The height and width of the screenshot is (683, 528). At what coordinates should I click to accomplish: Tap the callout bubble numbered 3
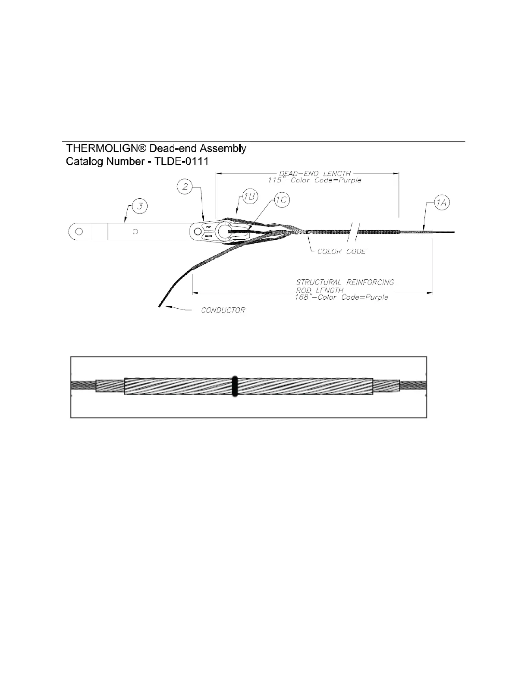[139, 207]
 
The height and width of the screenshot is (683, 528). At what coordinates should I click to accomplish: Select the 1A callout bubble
[441, 203]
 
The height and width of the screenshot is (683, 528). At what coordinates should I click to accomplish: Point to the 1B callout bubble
[249, 197]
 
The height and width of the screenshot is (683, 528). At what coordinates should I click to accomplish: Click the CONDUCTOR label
[223, 310]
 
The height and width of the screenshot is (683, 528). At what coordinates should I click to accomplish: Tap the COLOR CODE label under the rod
[341, 251]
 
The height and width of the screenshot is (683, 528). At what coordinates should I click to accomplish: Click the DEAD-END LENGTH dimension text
[315, 174]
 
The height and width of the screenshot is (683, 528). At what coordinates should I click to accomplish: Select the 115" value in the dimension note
[275, 180]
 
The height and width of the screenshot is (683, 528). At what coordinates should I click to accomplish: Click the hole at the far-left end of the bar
[79, 232]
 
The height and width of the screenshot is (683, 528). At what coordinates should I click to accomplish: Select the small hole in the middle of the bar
[135, 232]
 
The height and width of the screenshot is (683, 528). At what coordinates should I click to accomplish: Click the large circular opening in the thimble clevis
[223, 232]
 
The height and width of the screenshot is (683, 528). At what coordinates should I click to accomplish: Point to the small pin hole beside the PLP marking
[198, 232]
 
